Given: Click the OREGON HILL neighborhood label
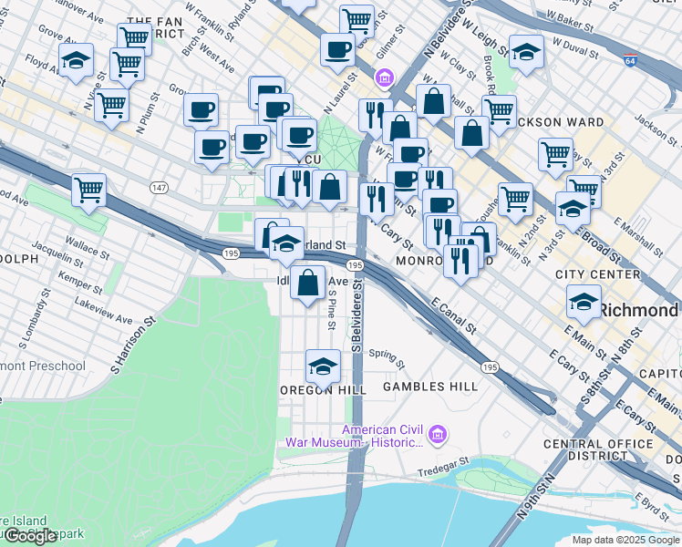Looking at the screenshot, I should pyautogui.click(x=323, y=389).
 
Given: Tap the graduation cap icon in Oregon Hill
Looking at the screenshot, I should pyautogui.click(x=322, y=366).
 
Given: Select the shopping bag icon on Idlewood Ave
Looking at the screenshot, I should pyautogui.click(x=308, y=283).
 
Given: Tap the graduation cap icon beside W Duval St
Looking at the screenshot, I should pyautogui.click(x=526, y=54).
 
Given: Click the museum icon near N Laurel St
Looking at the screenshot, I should pyautogui.click(x=385, y=78).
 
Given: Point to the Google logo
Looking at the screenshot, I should pyautogui.click(x=30, y=536).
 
